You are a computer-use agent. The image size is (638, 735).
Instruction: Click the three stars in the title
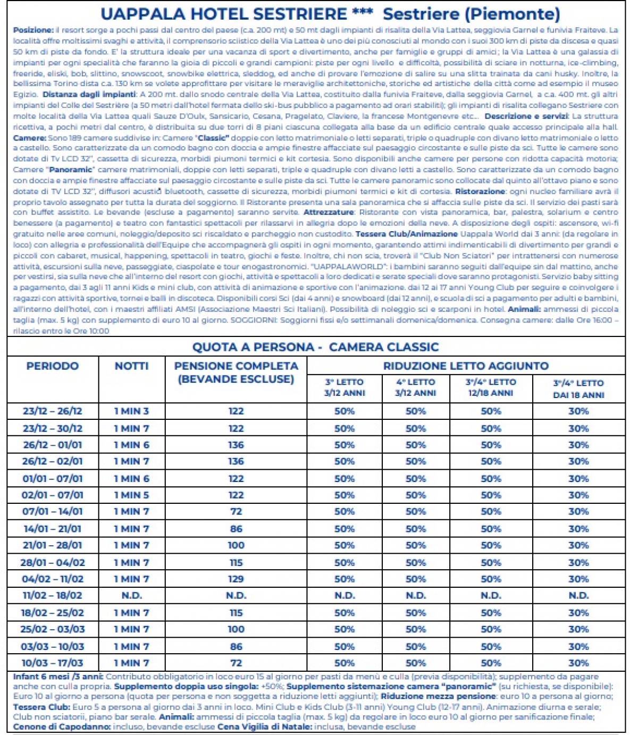[362, 13]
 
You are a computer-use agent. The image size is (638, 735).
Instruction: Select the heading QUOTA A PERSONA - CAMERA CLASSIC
[315, 347]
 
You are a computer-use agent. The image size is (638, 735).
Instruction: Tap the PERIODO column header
[52, 366]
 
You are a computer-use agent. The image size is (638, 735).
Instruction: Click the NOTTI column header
[131, 366]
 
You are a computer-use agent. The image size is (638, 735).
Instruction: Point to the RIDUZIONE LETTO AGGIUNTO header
[466, 366]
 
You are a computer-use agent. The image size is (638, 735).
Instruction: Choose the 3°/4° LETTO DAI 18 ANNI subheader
[578, 389]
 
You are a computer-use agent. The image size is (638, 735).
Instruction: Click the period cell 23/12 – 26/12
[52, 411]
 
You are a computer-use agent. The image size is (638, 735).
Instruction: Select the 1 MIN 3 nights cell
[131, 411]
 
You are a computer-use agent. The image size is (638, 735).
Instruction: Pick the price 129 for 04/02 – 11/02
[236, 579]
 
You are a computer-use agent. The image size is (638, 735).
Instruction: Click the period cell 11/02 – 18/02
[52, 596]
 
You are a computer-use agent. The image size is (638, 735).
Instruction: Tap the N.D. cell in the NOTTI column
[131, 596]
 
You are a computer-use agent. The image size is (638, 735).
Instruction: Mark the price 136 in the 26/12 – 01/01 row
[236, 445]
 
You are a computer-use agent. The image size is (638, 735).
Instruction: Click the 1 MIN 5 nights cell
[131, 495]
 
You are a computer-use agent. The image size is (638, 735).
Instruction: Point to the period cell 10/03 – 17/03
[52, 663]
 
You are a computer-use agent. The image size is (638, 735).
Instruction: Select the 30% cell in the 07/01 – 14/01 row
[578, 512]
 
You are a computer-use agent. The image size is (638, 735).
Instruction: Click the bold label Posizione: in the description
[33, 30]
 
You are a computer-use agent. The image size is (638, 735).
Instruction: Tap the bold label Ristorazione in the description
[480, 191]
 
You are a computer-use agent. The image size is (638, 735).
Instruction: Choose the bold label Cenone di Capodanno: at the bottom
[62, 726]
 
